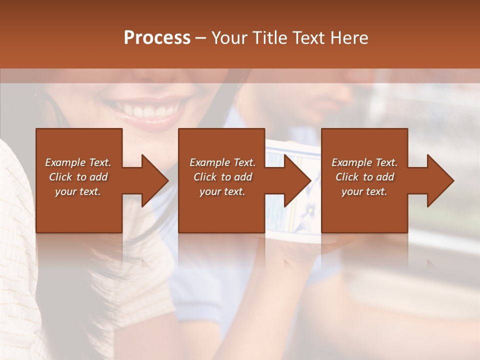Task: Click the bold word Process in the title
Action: click(157, 38)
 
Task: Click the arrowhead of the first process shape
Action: click(153, 180)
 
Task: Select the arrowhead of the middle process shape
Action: click(296, 180)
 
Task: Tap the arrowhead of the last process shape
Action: click(439, 180)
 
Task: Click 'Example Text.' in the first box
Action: click(78, 162)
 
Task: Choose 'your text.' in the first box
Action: click(78, 191)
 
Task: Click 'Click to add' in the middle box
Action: click(222, 177)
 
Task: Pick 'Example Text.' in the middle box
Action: click(222, 162)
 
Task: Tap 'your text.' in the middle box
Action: click(222, 191)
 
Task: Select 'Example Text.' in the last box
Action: click(364, 162)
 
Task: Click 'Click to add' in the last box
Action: click(364, 177)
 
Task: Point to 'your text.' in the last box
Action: click(364, 191)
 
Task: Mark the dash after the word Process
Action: click(200, 38)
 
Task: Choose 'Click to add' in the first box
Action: click(78, 177)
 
